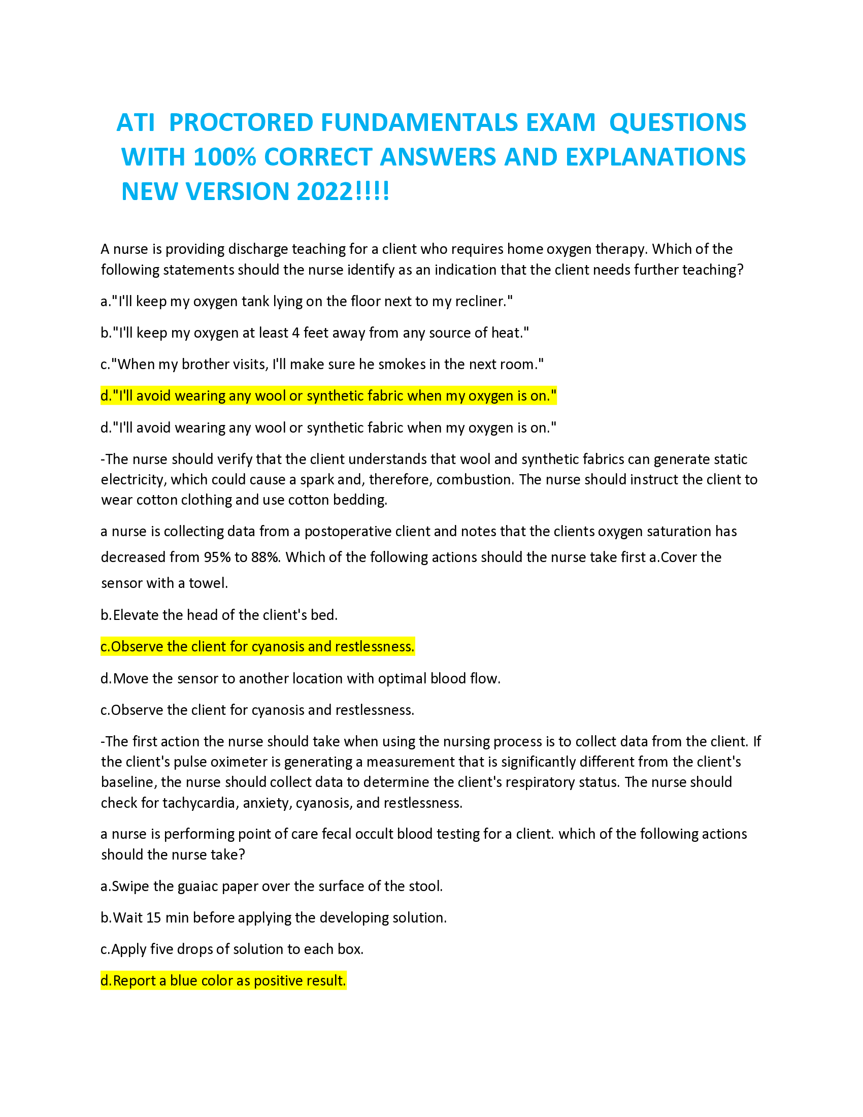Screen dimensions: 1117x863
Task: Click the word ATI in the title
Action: click(x=136, y=123)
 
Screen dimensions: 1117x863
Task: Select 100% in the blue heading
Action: click(x=224, y=157)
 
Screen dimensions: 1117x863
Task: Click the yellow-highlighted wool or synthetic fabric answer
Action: click(x=328, y=396)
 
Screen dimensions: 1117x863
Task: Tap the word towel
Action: click(x=208, y=583)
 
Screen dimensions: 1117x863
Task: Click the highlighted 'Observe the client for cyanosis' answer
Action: click(x=258, y=647)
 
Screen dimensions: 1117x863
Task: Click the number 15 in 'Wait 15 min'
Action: click(x=153, y=918)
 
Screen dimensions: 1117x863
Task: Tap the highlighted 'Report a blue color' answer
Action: click(x=223, y=981)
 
